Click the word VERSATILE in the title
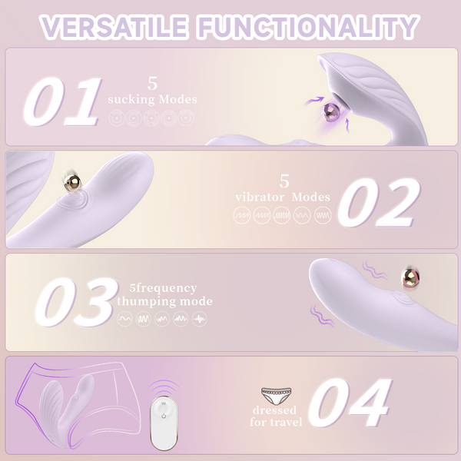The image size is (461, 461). click(x=114, y=27)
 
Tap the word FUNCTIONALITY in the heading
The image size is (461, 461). click(x=308, y=27)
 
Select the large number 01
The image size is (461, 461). click(x=62, y=101)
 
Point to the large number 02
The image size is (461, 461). click(x=380, y=203)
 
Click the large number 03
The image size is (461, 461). click(x=76, y=302)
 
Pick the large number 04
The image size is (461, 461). click(x=350, y=403)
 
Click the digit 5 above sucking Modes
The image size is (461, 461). click(x=153, y=84)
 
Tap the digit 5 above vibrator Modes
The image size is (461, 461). click(x=284, y=181)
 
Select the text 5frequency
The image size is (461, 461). click(x=163, y=288)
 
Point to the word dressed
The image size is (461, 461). click(x=274, y=410)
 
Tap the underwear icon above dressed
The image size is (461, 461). click(x=277, y=396)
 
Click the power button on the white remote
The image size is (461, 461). click(x=164, y=416)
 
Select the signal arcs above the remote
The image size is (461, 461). click(x=164, y=387)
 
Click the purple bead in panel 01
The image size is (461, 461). click(x=332, y=111)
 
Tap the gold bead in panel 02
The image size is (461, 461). click(x=72, y=182)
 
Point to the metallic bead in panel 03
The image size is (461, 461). click(x=410, y=277)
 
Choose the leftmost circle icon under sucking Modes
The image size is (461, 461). click(x=117, y=118)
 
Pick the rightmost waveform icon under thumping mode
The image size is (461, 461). click(x=199, y=319)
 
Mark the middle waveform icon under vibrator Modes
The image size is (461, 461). click(x=282, y=215)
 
